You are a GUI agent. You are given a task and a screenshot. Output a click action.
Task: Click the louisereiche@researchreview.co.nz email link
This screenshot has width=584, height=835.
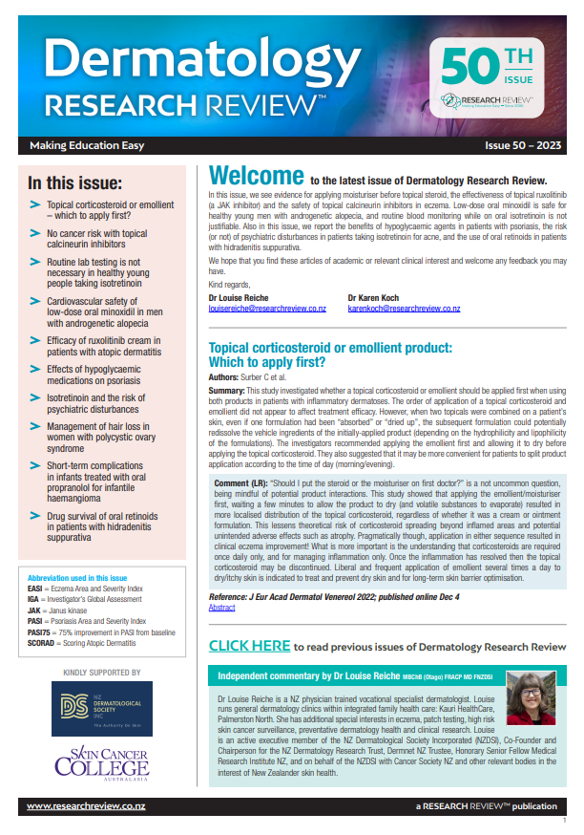point(267,309)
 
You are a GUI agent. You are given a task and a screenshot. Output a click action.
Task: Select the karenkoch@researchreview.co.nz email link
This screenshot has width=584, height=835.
point(404,309)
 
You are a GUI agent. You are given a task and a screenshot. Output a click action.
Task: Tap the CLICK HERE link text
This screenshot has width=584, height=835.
point(249,646)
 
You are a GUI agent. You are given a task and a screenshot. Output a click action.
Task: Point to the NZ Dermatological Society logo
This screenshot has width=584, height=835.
point(101,709)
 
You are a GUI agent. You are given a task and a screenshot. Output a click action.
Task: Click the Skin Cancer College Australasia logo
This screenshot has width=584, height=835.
point(101,762)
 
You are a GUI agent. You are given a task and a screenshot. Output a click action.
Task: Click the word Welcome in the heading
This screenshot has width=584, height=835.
point(255,177)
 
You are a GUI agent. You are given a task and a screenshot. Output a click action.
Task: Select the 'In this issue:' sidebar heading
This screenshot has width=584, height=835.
point(74,182)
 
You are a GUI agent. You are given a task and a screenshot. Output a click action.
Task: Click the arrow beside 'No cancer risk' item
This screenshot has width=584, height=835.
point(35,233)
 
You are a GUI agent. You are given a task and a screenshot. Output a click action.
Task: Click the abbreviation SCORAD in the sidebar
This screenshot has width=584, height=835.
point(44,642)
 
